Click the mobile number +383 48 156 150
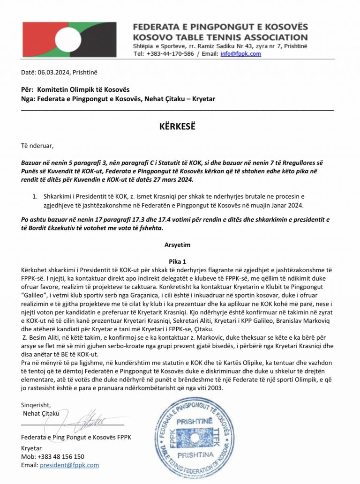[60, 456]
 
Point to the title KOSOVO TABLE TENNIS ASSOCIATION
[220, 37]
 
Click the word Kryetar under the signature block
[31, 448]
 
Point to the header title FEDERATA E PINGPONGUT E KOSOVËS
[220, 27]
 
